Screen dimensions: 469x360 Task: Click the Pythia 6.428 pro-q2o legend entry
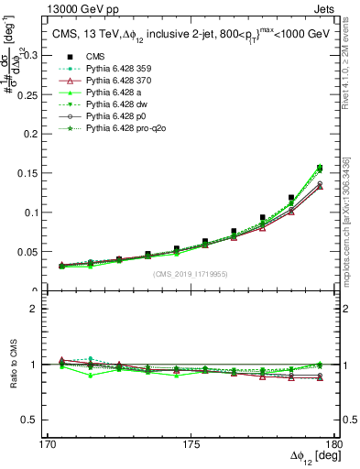(x=127, y=131)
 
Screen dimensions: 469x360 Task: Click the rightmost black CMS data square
(x=320, y=168)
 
